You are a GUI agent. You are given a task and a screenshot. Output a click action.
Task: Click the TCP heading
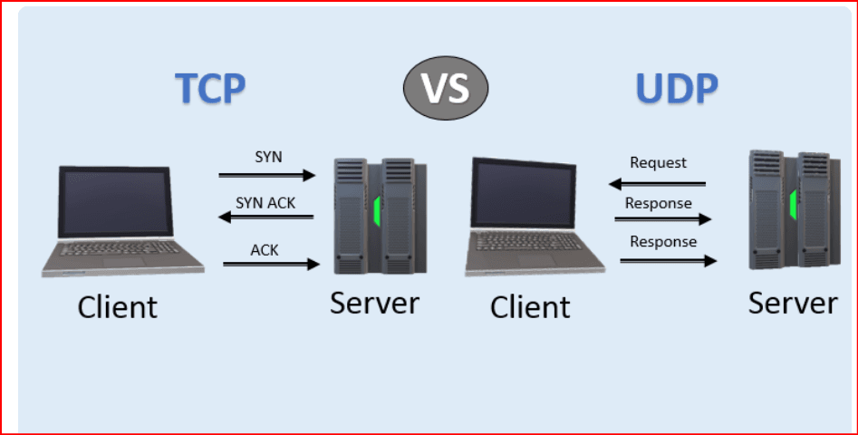210,89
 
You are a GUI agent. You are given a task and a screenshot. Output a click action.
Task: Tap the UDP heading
676,89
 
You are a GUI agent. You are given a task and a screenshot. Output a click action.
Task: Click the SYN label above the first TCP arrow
268,157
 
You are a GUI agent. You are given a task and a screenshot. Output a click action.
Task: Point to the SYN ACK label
265,202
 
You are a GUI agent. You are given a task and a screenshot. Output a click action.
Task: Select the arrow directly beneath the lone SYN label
267,175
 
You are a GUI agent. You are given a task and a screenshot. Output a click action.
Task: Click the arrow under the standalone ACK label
271,264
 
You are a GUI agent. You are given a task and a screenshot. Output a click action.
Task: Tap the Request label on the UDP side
659,163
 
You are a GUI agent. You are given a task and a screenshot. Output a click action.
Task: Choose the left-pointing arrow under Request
657,184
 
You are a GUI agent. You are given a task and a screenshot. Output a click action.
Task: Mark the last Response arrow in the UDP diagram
668,261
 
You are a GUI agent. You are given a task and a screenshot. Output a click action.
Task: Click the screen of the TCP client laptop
113,201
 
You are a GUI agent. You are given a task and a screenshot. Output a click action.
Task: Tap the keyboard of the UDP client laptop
535,242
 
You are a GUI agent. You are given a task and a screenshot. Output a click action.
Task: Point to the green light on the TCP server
378,213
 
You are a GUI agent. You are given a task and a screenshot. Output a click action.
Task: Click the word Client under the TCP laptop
118,306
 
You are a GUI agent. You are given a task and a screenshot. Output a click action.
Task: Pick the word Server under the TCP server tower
374,303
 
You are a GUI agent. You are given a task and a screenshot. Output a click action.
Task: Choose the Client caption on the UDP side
530,306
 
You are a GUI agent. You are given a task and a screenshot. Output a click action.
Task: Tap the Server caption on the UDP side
793,303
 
